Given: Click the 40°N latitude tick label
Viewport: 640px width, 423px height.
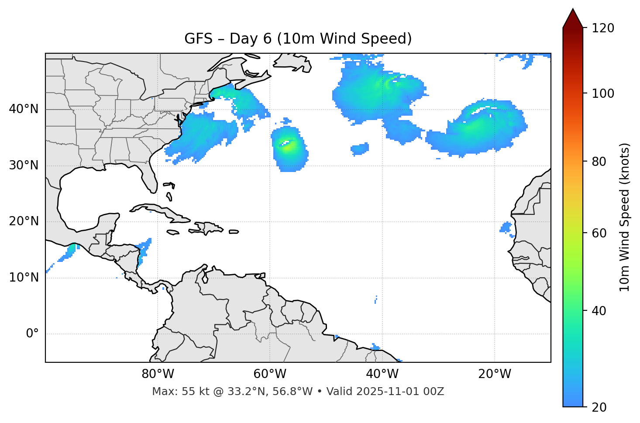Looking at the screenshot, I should [x=24, y=109].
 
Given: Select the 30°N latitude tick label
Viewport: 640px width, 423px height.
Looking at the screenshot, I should [x=24, y=165].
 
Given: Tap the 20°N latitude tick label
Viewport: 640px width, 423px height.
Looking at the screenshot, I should [x=24, y=221].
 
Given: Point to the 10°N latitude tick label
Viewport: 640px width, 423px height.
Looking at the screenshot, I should [x=24, y=278].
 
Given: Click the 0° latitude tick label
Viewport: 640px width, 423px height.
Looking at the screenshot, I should [x=32, y=334].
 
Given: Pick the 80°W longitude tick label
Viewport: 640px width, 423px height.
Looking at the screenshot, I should [x=158, y=374].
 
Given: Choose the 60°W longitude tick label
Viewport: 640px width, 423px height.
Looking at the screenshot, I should [x=270, y=374].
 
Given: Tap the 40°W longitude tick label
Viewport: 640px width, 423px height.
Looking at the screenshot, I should [x=382, y=374].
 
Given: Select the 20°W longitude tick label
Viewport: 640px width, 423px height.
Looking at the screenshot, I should [x=495, y=374].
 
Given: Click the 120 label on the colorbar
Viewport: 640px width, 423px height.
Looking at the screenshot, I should [x=602, y=28].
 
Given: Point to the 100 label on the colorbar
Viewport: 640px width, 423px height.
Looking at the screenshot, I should [x=602, y=93].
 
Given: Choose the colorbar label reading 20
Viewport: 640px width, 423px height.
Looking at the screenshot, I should [x=599, y=407].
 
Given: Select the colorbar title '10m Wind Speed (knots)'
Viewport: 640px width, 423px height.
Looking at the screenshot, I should [x=625, y=217].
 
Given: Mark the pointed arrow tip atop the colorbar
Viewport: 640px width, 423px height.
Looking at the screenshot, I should [x=572, y=10].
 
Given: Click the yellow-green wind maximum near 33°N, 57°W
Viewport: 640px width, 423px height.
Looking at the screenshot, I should [x=288, y=146].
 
